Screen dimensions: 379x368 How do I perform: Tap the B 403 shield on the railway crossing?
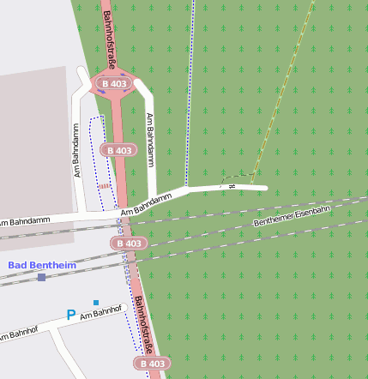click(128, 244)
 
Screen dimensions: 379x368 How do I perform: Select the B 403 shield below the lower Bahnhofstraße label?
click(151, 364)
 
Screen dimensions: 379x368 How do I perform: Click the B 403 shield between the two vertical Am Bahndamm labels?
click(119, 150)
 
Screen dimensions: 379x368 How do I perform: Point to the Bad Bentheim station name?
click(42, 265)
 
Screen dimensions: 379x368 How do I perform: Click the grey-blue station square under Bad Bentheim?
click(41, 277)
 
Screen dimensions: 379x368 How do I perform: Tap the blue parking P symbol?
click(71, 315)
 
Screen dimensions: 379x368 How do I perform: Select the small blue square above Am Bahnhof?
click(96, 303)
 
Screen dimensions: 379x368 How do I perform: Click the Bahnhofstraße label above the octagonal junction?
click(108, 36)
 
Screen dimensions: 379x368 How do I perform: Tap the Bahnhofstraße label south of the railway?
click(142, 325)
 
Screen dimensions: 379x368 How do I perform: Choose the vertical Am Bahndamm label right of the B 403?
click(152, 140)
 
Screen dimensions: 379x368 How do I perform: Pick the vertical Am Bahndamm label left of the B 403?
click(76, 153)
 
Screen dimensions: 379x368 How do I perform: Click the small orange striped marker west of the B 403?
click(104, 184)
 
